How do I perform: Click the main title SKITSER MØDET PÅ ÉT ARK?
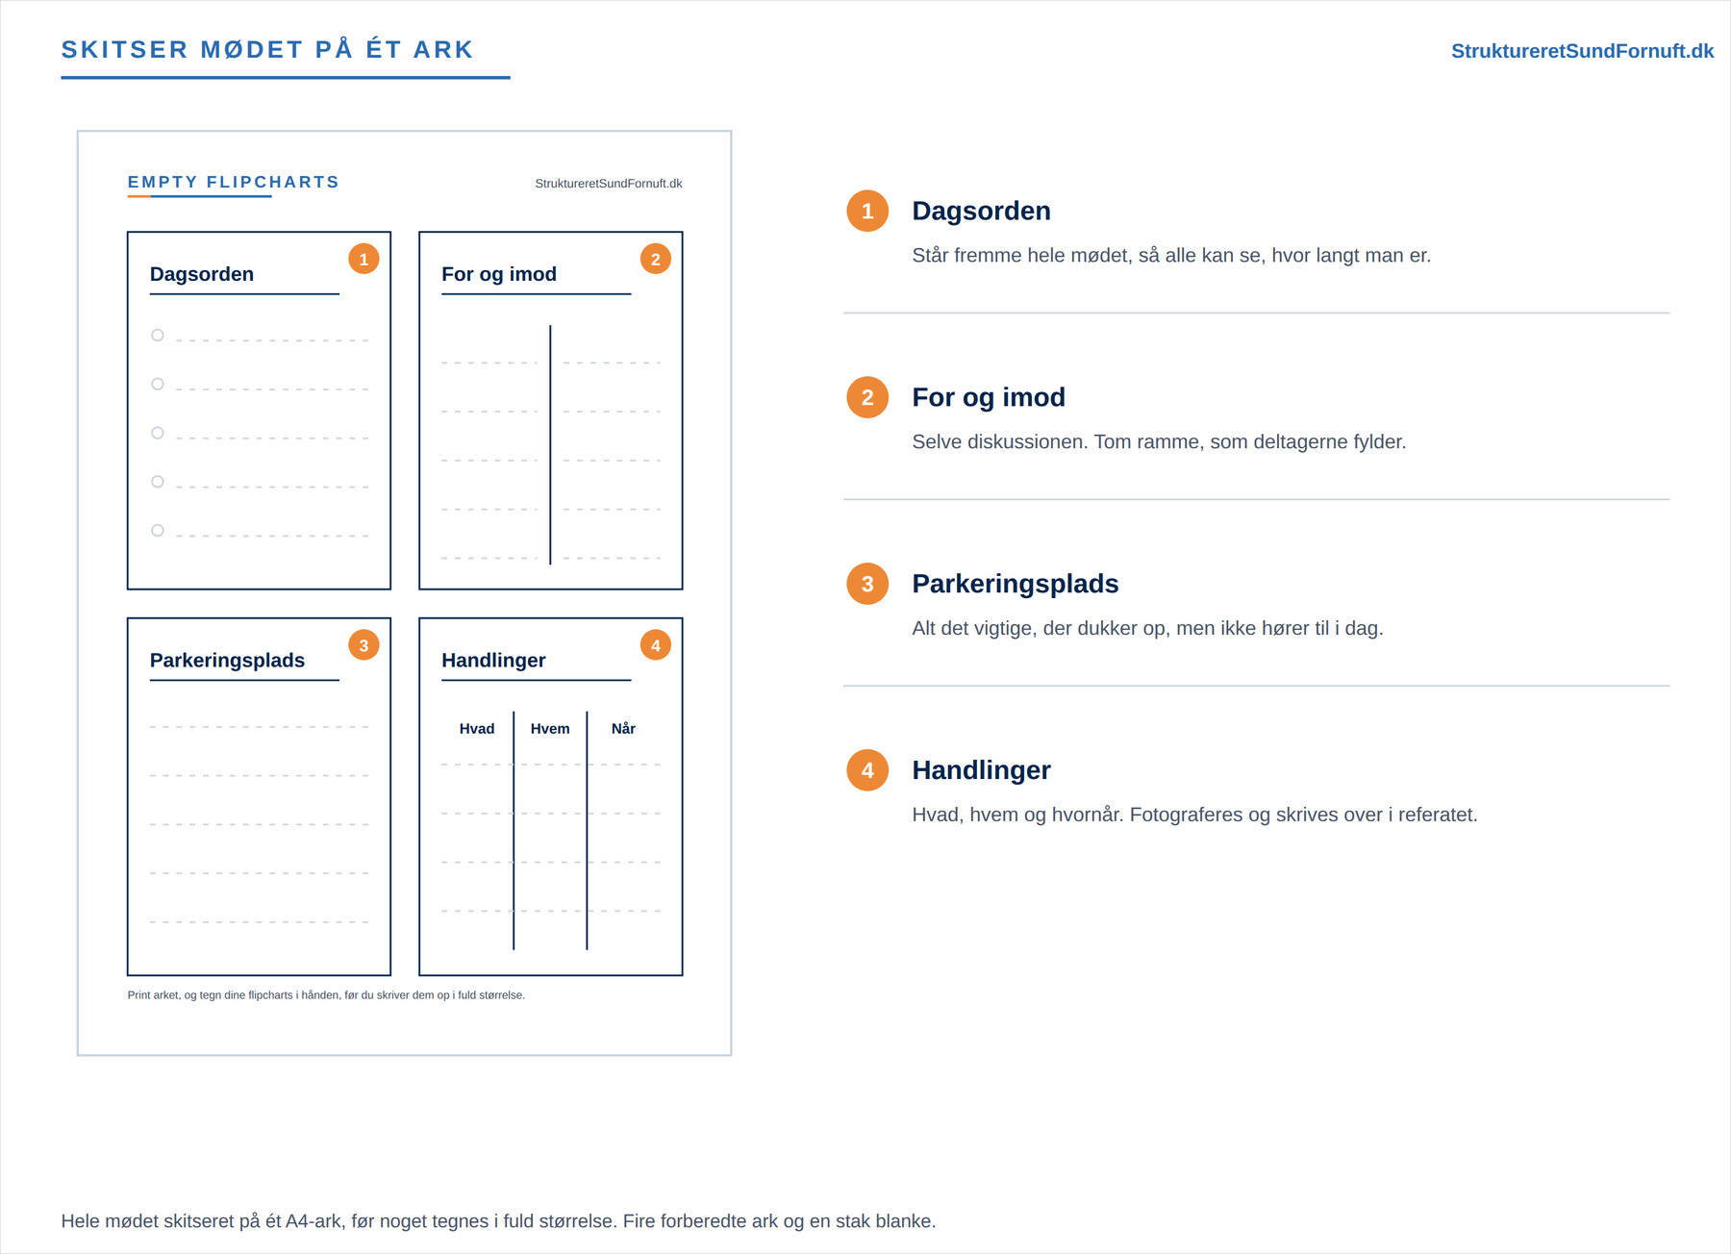tap(267, 50)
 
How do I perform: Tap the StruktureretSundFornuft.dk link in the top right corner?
tap(1582, 51)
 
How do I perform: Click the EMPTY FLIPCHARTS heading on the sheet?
tap(234, 182)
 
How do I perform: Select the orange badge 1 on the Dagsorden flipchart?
tap(364, 259)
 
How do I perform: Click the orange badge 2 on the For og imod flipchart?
tap(656, 259)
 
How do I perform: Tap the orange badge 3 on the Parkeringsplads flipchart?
tap(364, 645)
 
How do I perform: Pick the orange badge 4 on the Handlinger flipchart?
tap(656, 645)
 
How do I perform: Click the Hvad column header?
tap(477, 729)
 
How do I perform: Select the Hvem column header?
tap(550, 729)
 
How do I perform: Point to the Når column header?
tap(623, 729)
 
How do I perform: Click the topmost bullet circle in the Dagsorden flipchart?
tap(158, 336)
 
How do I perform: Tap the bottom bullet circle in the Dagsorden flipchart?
tap(158, 531)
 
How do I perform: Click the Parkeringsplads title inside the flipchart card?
tap(227, 661)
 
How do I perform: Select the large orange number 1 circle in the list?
tap(867, 212)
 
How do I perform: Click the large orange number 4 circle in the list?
tap(867, 770)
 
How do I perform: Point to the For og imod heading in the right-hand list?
tap(989, 397)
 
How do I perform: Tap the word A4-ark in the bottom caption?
tap(314, 1221)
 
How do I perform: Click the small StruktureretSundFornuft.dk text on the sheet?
tap(609, 184)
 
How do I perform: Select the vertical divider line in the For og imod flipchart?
tap(550, 445)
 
